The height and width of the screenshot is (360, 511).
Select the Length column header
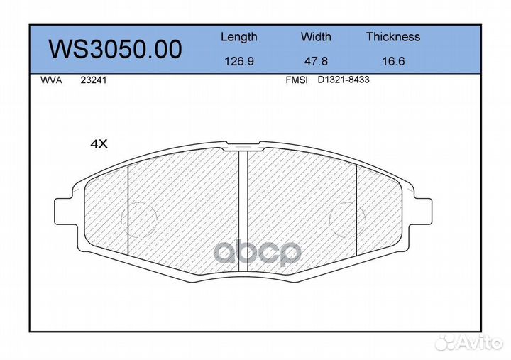coord(239,37)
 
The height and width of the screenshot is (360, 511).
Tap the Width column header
coord(316,37)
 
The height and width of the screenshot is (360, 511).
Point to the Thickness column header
coord(393,37)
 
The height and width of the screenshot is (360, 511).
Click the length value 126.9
coord(239,61)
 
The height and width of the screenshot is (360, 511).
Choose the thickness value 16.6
coord(393,61)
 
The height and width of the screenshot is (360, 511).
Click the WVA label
coord(52,81)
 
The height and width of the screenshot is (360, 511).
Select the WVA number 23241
coord(94,81)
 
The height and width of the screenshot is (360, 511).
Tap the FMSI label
coord(296,81)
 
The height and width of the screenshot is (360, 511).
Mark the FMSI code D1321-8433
coord(344,81)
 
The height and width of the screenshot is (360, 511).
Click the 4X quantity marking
coord(98,144)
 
